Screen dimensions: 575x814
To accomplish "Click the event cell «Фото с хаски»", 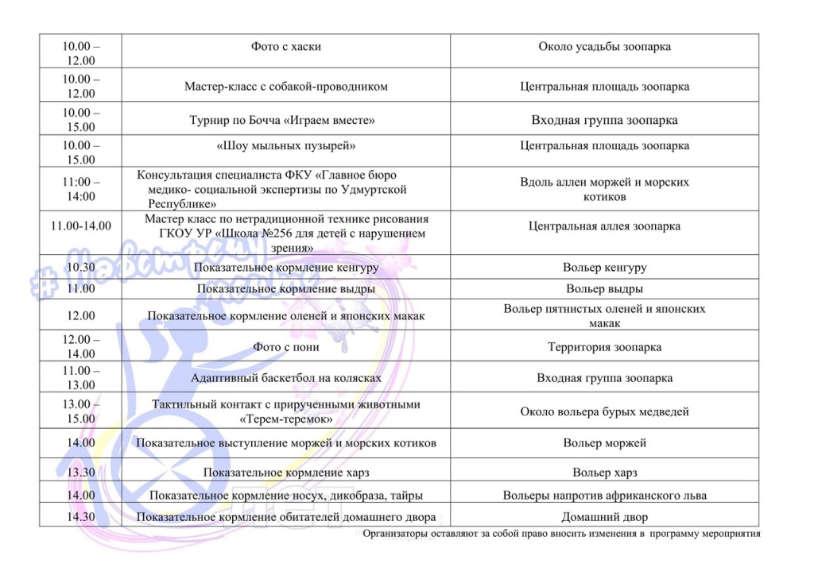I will coord(285,47).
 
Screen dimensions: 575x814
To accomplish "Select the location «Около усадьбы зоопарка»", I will coord(604,47).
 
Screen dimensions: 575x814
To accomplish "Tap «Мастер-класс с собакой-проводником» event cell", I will coord(285,87).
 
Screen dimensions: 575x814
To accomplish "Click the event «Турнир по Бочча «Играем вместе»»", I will coord(281,121).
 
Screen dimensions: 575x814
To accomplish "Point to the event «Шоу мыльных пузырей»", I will coord(285,146).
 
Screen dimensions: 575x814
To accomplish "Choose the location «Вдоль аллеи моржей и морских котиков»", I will coord(604,189).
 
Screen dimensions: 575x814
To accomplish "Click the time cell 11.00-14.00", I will coord(81,226).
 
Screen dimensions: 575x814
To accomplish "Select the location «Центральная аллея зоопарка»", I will coord(604,226).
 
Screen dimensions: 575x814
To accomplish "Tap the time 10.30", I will coord(81,268).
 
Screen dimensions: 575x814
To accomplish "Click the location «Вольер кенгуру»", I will coord(604,268).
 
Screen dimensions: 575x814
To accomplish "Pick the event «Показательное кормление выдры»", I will coord(285,289).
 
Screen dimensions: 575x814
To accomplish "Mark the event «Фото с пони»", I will coord(285,347).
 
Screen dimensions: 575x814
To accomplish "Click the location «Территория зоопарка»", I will coord(604,347).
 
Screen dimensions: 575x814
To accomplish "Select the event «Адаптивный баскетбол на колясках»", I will coord(285,379).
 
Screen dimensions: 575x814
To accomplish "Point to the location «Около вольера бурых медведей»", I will coord(604,411).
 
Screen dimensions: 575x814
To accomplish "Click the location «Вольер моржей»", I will coord(604,443).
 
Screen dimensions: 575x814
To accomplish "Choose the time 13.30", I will coord(81,473).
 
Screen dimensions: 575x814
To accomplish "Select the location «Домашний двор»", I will coord(604,517).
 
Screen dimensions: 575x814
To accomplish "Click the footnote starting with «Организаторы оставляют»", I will coord(561,534).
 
